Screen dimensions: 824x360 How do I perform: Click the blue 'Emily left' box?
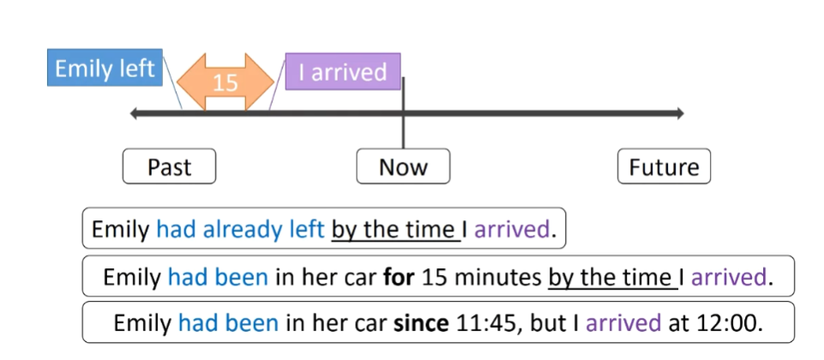105,69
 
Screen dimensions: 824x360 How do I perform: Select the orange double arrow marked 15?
225,81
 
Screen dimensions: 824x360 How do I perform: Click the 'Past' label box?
169,167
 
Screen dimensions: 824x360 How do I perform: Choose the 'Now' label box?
403,167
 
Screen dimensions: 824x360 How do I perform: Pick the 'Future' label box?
664,167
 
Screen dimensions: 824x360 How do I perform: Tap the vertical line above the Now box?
403,129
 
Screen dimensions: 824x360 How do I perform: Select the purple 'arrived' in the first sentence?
511,230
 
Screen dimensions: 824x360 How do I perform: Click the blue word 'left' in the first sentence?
305,230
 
